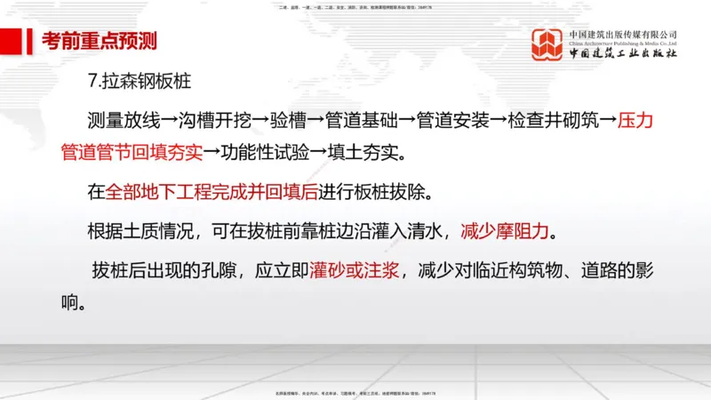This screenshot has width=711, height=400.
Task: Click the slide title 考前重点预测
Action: tap(100, 42)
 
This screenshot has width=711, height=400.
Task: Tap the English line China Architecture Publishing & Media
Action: tap(623, 43)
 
